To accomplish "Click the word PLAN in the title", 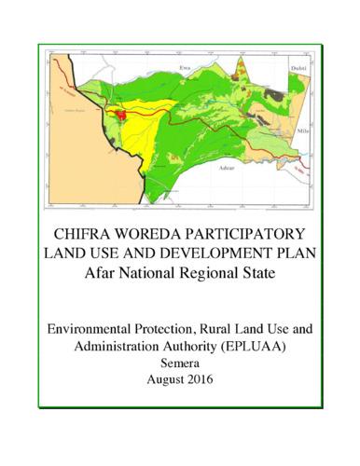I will click(x=295, y=254).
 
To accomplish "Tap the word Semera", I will click(x=180, y=363).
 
